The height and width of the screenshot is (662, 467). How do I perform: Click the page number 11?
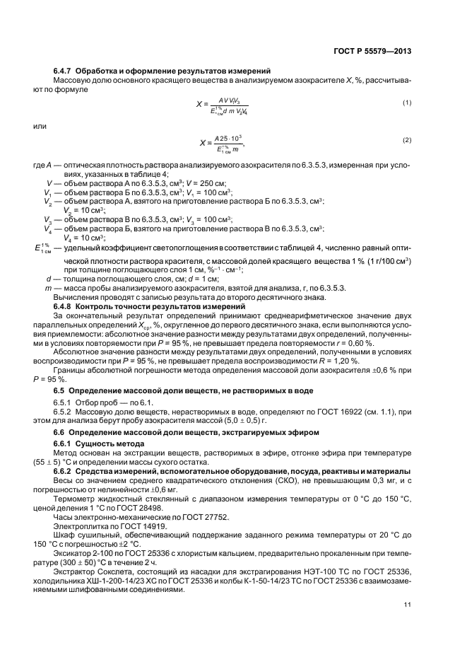coord(408,604)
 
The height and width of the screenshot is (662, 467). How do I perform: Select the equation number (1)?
coord(407,103)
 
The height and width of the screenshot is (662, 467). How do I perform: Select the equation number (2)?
coord(407,140)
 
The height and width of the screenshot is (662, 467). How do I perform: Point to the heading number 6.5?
coord(59,390)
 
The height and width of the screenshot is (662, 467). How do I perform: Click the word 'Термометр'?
coord(73,498)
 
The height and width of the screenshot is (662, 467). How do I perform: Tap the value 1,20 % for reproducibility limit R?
coord(348,361)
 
